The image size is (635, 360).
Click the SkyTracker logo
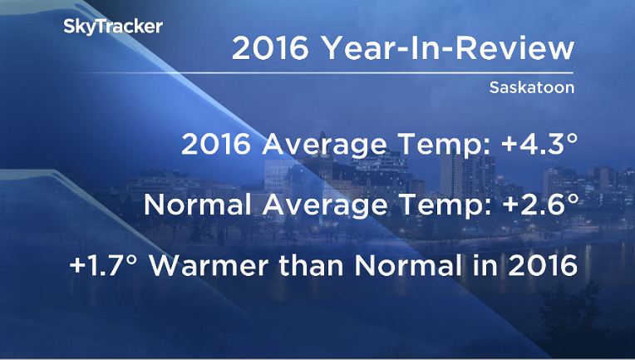click(x=113, y=27)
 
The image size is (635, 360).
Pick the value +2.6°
click(x=529, y=205)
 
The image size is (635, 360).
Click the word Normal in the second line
click(x=190, y=205)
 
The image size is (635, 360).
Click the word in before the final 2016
click(x=483, y=267)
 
